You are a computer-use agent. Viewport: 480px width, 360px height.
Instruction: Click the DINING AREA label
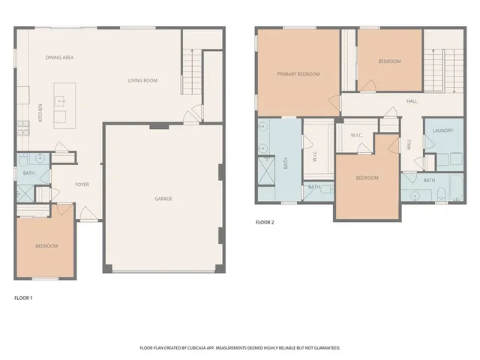[x=59, y=57]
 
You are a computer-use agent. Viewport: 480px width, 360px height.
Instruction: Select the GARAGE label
[x=163, y=199]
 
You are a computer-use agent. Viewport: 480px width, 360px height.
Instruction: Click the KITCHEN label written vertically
[x=40, y=112]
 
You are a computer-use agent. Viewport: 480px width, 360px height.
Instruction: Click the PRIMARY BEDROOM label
[x=298, y=74]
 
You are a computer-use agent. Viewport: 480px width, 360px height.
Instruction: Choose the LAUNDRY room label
[x=442, y=130]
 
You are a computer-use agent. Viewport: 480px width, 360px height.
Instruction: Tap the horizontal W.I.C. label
[x=356, y=135]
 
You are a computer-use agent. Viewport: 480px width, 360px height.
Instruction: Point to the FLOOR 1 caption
[x=24, y=298]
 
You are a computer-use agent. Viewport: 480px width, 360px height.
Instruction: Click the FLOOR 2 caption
[x=265, y=223]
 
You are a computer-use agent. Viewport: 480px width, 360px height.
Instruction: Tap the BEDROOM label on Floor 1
[x=46, y=246]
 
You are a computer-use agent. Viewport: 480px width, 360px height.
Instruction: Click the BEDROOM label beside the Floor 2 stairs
[x=389, y=61]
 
